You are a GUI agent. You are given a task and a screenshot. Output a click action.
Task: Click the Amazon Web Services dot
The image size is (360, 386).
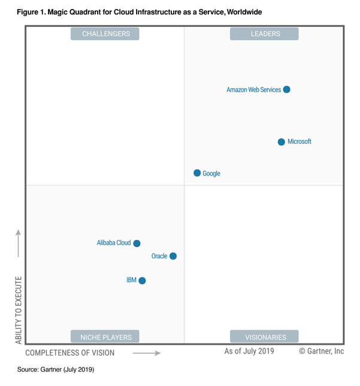click(x=286, y=90)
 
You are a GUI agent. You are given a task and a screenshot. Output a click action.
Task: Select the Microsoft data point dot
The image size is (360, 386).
click(x=282, y=142)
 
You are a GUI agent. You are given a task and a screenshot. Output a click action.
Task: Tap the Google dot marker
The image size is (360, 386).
click(x=197, y=173)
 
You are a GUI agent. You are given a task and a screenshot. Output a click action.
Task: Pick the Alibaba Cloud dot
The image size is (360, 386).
click(x=137, y=243)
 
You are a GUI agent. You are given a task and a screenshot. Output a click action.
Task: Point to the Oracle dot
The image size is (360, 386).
click(x=173, y=256)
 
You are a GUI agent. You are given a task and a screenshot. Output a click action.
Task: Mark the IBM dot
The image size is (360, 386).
click(x=142, y=281)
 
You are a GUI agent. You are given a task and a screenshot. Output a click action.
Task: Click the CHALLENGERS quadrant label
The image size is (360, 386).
click(x=105, y=34)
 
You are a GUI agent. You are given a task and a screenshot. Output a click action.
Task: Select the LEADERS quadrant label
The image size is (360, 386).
click(x=264, y=34)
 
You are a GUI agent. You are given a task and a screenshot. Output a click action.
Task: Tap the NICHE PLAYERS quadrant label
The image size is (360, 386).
click(x=105, y=336)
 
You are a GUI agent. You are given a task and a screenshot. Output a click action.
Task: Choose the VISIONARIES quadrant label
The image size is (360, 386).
click(x=264, y=336)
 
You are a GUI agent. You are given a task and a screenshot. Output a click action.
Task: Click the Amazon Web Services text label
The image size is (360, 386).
click(x=253, y=90)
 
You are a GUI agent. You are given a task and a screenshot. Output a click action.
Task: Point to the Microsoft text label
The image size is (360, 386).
click(x=300, y=142)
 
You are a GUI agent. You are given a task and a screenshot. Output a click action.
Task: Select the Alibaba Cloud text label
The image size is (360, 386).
click(x=114, y=243)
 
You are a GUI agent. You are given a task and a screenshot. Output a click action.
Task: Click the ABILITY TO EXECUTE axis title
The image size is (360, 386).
click(x=19, y=310)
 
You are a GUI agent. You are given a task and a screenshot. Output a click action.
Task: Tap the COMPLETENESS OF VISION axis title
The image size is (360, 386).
click(x=70, y=353)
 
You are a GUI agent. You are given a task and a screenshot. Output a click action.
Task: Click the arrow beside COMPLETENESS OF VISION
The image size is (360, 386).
click(x=147, y=353)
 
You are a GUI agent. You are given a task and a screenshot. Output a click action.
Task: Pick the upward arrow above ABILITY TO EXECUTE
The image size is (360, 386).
click(x=19, y=242)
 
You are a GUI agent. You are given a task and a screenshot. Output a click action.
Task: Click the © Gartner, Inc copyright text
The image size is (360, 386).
click(x=321, y=351)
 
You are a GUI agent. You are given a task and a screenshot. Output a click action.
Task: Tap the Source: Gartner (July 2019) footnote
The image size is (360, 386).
click(x=56, y=370)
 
